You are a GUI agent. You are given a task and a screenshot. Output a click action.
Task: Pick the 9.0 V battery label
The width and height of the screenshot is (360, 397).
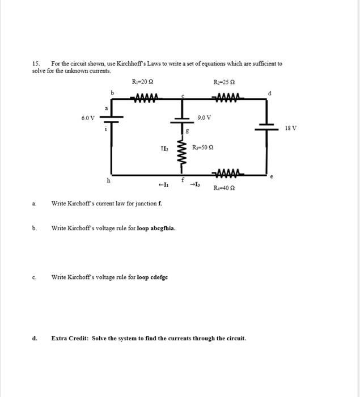[x=204, y=118]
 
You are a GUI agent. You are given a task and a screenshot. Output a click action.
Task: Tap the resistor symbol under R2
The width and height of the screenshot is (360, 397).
[x=228, y=97]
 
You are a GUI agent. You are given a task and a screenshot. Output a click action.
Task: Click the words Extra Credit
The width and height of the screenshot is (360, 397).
[x=70, y=339]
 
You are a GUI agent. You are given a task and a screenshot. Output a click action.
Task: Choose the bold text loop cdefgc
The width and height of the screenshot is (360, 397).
[x=153, y=277]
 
